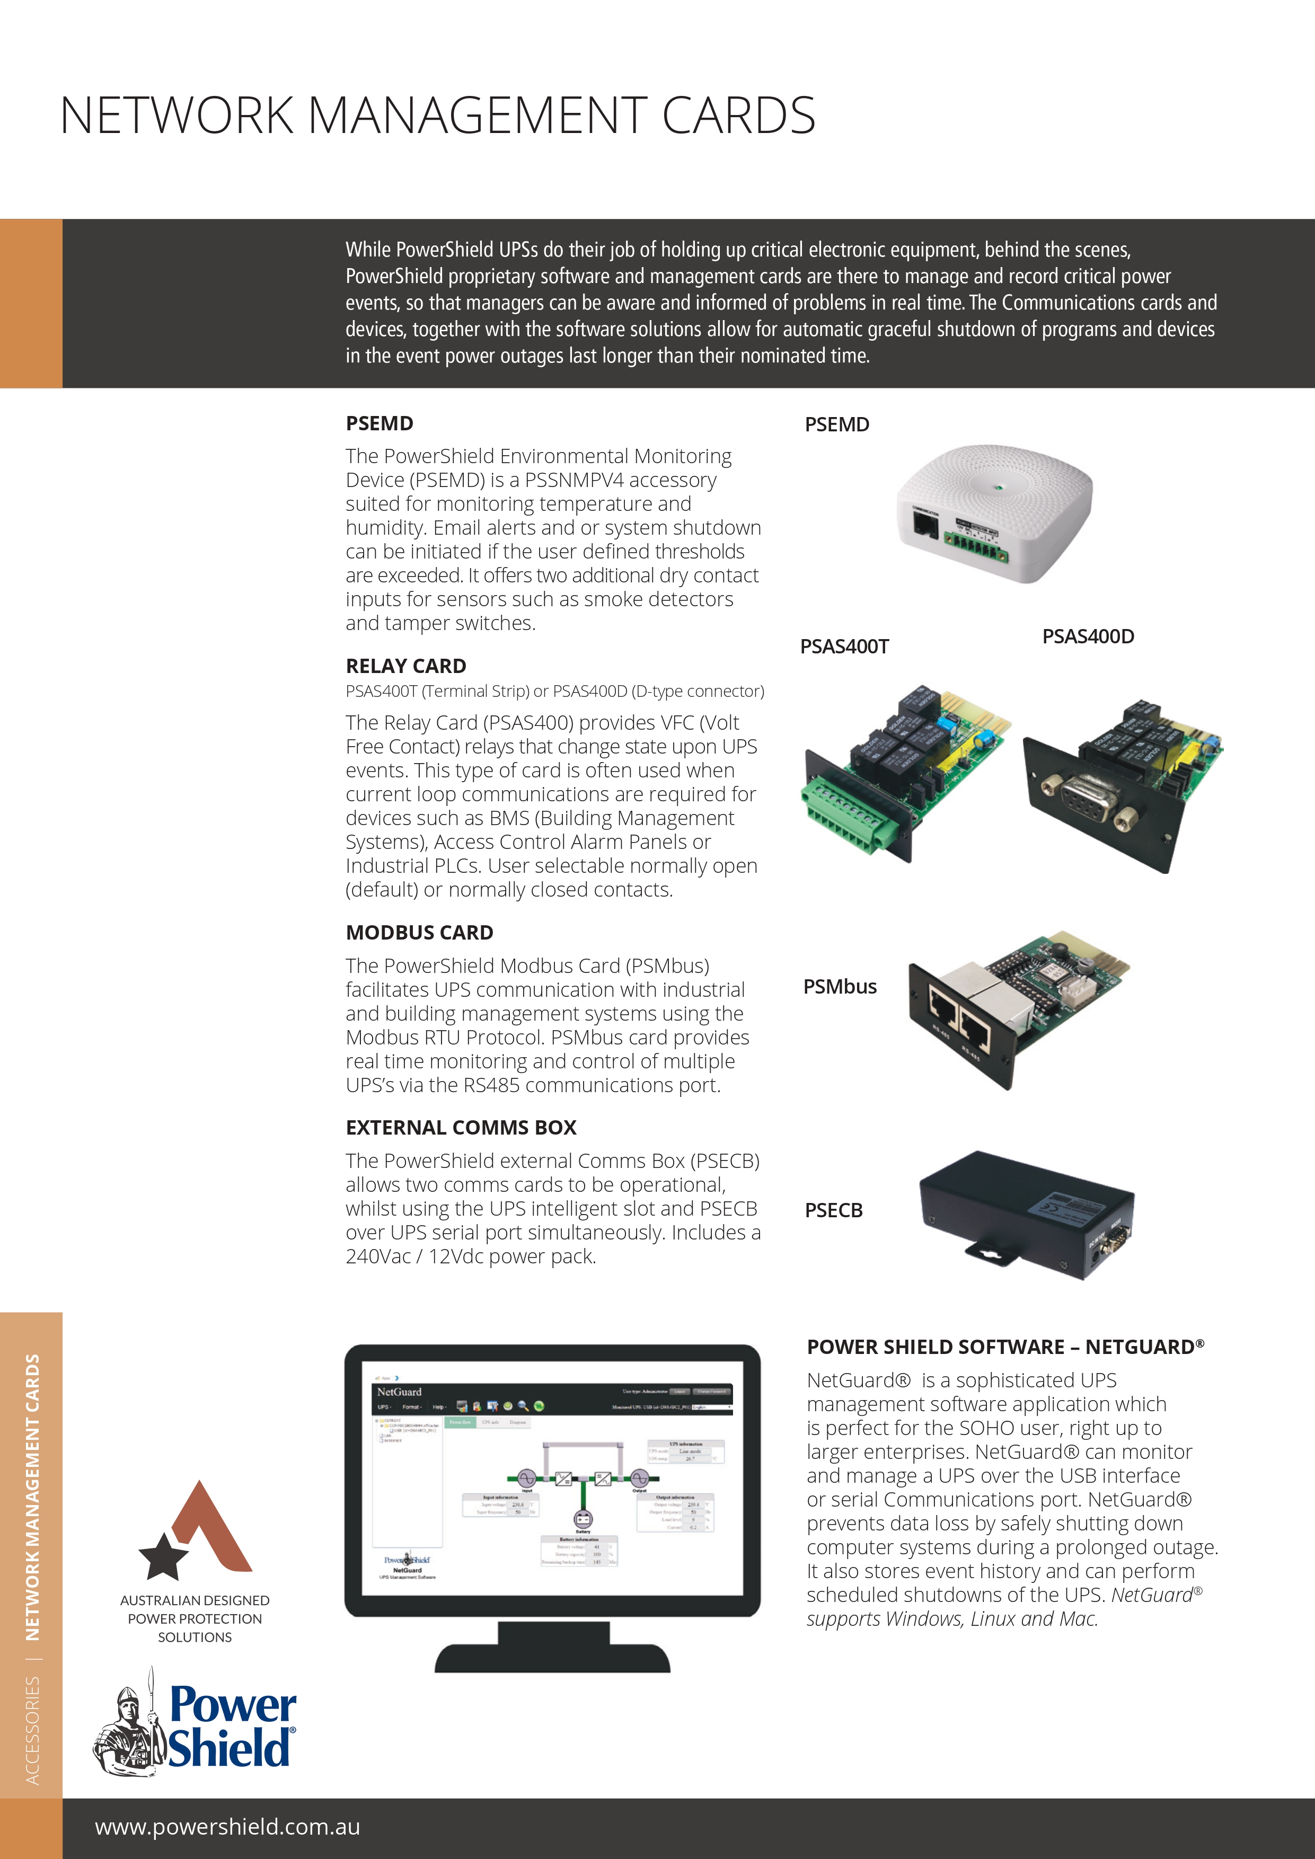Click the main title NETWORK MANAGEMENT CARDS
437,115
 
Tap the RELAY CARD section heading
405,666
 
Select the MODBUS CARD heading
419,932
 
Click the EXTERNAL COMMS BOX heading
461,1127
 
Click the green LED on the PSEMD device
999,488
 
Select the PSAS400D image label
1088,636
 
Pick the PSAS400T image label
844,646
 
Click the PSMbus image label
840,986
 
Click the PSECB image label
833,1210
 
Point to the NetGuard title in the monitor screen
399,1392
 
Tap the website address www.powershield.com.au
227,1827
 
